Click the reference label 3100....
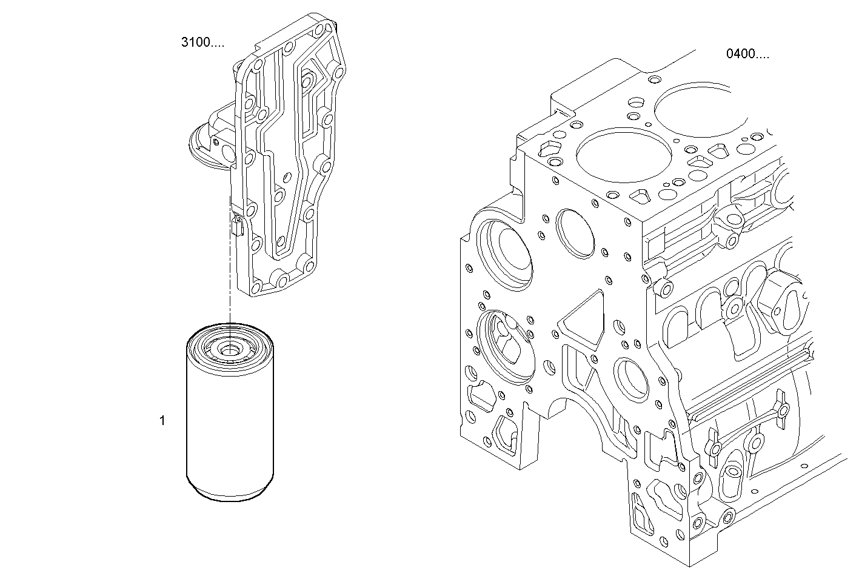tap(202, 42)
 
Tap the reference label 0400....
tap(747, 54)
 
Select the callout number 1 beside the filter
tap(162, 420)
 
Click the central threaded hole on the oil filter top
tap(230, 349)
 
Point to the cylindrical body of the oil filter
tap(230, 424)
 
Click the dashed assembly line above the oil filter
tap(230, 273)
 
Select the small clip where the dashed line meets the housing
tap(236, 226)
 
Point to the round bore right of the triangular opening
tap(632, 379)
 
